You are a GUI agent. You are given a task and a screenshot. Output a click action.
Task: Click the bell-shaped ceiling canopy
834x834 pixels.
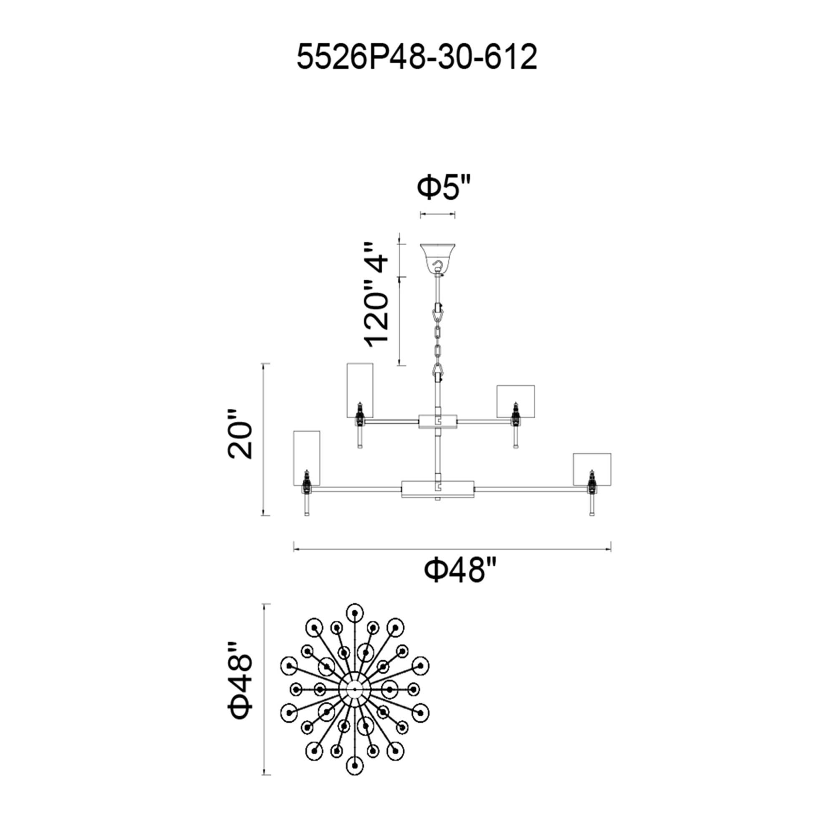438,258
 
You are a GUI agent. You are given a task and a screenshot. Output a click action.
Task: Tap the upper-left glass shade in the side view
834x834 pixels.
360,390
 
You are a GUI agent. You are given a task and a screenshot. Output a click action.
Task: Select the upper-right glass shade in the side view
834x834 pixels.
515,402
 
